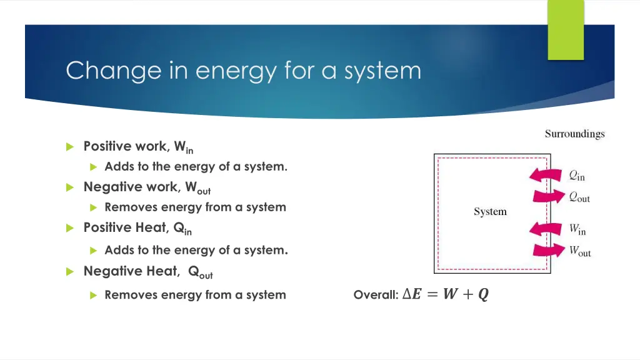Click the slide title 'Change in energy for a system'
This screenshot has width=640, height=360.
pos(243,70)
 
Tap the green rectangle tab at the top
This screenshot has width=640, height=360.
pos(566,29)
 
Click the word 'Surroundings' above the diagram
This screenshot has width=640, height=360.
pos(574,134)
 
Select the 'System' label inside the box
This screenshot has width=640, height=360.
pos(490,212)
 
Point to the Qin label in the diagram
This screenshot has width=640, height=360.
pos(577,176)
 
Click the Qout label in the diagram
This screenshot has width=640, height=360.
pos(579,197)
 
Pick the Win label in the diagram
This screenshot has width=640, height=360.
pos(577,230)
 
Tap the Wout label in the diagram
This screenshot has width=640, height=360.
pos(579,252)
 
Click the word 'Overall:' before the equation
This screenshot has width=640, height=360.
pos(376,294)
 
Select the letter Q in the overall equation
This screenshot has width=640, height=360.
pos(483,294)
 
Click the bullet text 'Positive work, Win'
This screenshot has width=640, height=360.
pos(138,147)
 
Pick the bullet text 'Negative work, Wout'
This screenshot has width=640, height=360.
pos(147,187)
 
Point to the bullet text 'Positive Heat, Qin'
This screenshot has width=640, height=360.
pos(137,228)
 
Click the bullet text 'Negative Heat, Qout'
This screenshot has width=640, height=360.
pos(148,271)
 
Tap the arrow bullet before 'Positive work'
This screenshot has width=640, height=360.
pos(70,147)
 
